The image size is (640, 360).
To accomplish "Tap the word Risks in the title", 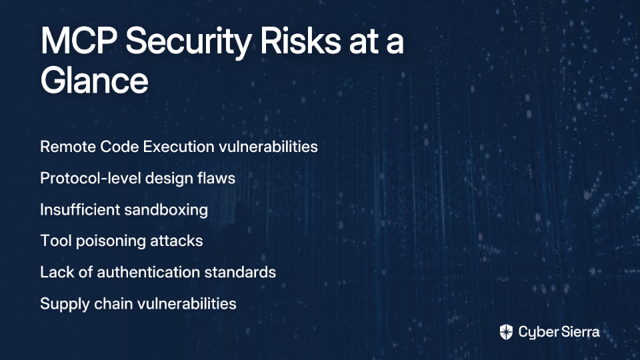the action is pyautogui.click(x=301, y=41).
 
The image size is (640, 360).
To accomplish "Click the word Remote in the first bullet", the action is pyautogui.click(x=67, y=147).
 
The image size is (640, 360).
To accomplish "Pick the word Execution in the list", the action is pyautogui.click(x=179, y=147).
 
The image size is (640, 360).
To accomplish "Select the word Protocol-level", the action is pyautogui.click(x=91, y=179).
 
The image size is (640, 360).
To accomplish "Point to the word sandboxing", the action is pyautogui.click(x=166, y=210).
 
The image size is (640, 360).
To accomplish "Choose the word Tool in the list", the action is pyautogui.click(x=56, y=241).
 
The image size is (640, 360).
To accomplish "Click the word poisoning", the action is pyautogui.click(x=110, y=241).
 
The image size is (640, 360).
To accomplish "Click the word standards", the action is pyautogui.click(x=240, y=272).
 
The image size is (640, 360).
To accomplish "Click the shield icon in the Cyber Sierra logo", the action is pyautogui.click(x=506, y=332).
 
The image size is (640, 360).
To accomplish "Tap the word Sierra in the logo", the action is pyautogui.click(x=580, y=332).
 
